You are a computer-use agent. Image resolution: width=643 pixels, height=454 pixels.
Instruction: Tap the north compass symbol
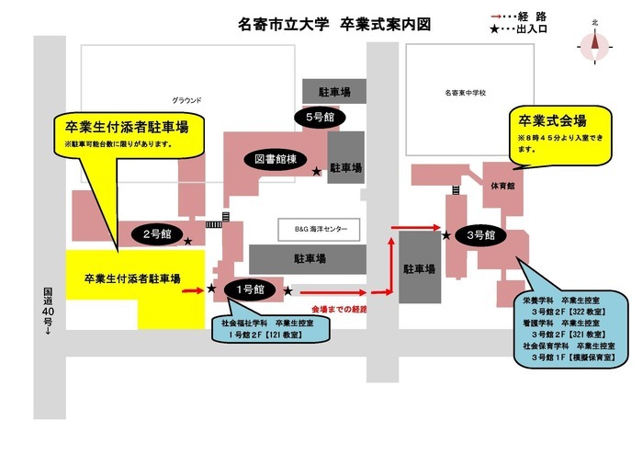point(595,40)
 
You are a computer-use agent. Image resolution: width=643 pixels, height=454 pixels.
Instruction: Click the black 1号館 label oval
point(250,290)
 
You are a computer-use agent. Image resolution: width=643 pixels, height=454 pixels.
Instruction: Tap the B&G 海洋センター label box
point(319,229)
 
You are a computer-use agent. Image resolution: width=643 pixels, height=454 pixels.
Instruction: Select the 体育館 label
point(502,185)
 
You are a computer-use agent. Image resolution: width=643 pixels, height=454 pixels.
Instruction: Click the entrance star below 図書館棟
point(316,172)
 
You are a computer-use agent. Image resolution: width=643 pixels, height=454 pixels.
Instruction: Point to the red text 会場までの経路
point(339,309)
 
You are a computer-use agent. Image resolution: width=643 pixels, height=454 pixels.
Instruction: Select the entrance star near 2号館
point(188,242)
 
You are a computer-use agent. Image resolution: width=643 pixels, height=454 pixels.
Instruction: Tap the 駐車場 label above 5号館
point(326,92)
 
